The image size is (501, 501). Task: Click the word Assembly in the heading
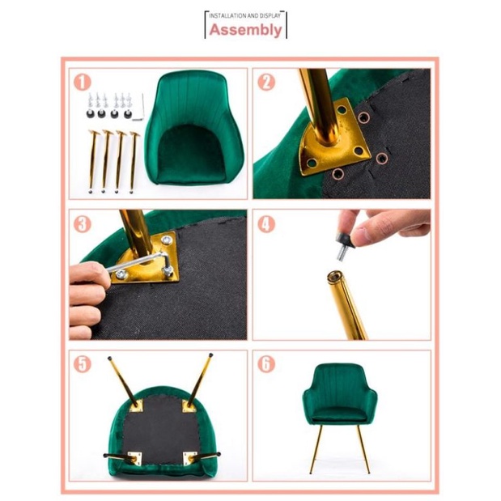(x=245, y=30)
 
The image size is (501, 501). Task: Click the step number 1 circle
(x=83, y=82)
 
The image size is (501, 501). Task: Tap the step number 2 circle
(x=266, y=82)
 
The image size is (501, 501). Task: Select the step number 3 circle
(x=83, y=224)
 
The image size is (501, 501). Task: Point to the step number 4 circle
(x=266, y=224)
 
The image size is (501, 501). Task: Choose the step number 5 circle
(x=83, y=364)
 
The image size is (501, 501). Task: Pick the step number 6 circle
(x=266, y=364)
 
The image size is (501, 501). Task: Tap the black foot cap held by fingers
(x=344, y=240)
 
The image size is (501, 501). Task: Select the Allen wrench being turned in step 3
(x=141, y=262)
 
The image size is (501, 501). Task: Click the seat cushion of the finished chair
(x=340, y=414)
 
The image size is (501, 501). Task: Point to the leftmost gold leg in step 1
(x=92, y=161)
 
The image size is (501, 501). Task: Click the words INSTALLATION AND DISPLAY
(x=244, y=15)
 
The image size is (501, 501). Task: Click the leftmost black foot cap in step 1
(x=91, y=113)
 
